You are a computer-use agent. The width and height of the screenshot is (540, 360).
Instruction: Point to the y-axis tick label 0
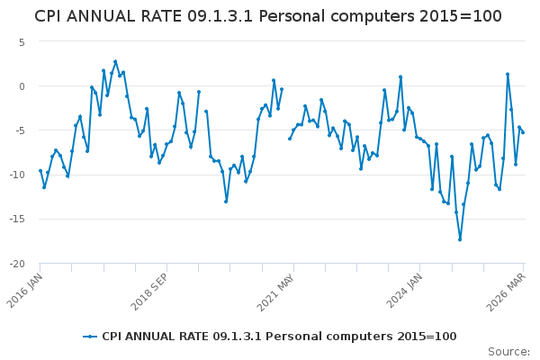[21, 85]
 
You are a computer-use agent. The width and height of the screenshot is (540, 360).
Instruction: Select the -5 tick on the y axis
[18, 130]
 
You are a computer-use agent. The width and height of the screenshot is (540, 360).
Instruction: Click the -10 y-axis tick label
[16, 175]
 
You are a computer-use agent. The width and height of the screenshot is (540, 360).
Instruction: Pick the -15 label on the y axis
[16, 219]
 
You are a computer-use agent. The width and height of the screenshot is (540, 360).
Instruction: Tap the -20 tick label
[16, 264]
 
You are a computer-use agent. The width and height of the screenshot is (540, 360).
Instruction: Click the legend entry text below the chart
[279, 337]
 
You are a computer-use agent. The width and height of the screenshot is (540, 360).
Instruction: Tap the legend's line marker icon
[90, 337]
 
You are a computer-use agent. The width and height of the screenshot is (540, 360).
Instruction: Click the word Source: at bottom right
[508, 351]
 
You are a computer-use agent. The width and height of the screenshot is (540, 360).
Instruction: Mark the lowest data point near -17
[460, 239]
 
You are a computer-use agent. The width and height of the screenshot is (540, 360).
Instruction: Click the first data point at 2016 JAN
[40, 170]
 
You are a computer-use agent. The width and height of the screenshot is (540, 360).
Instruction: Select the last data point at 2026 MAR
[523, 132]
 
